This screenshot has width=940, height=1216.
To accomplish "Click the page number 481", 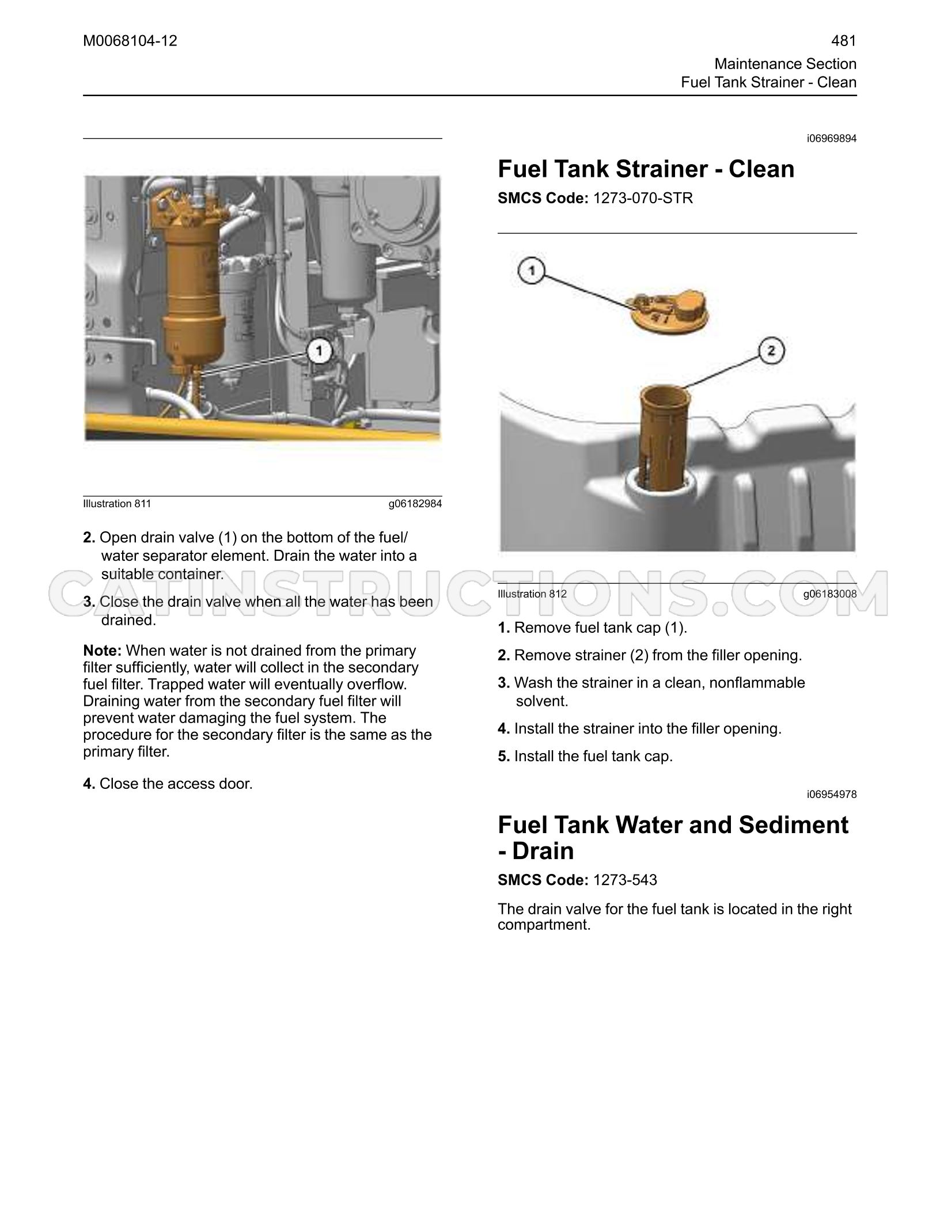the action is coord(844,41).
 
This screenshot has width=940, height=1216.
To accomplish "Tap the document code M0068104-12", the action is coord(130,41).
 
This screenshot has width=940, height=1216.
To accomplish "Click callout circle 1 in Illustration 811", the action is coord(319,351).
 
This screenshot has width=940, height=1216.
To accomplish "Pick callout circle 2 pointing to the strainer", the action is coord(772,351).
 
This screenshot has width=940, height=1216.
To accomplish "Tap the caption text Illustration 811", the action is coord(117,504).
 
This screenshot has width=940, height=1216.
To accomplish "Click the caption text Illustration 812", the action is coord(532,594).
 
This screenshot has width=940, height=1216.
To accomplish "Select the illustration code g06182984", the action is coord(415,504).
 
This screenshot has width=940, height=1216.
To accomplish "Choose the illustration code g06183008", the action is coord(830,594).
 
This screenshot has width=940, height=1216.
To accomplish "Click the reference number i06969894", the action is coord(832,138).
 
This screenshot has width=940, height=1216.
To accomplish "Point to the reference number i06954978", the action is coord(832,795).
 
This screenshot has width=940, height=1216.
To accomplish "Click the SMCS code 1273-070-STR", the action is coord(643,198).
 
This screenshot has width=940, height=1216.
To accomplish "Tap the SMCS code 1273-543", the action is coord(625,880).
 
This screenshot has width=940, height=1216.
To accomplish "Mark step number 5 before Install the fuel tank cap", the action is coord(504,756).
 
